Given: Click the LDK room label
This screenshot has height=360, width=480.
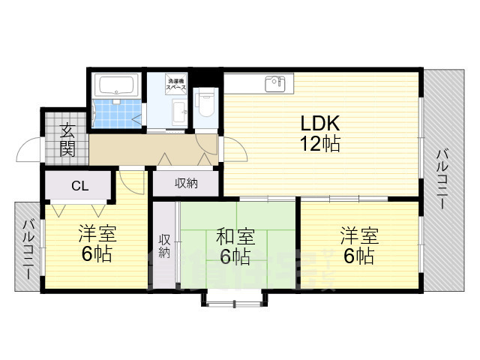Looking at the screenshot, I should (321, 123).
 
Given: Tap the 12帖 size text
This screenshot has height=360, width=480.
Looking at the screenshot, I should (321, 144).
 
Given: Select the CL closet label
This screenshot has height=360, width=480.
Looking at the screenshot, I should (78, 185).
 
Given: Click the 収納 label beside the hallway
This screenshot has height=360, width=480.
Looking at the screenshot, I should (186, 183).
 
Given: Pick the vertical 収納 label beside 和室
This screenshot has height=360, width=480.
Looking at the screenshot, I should (164, 246).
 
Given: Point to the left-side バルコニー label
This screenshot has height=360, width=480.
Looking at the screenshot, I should (28, 248).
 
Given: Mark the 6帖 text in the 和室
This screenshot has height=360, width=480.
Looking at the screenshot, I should (235, 257).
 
